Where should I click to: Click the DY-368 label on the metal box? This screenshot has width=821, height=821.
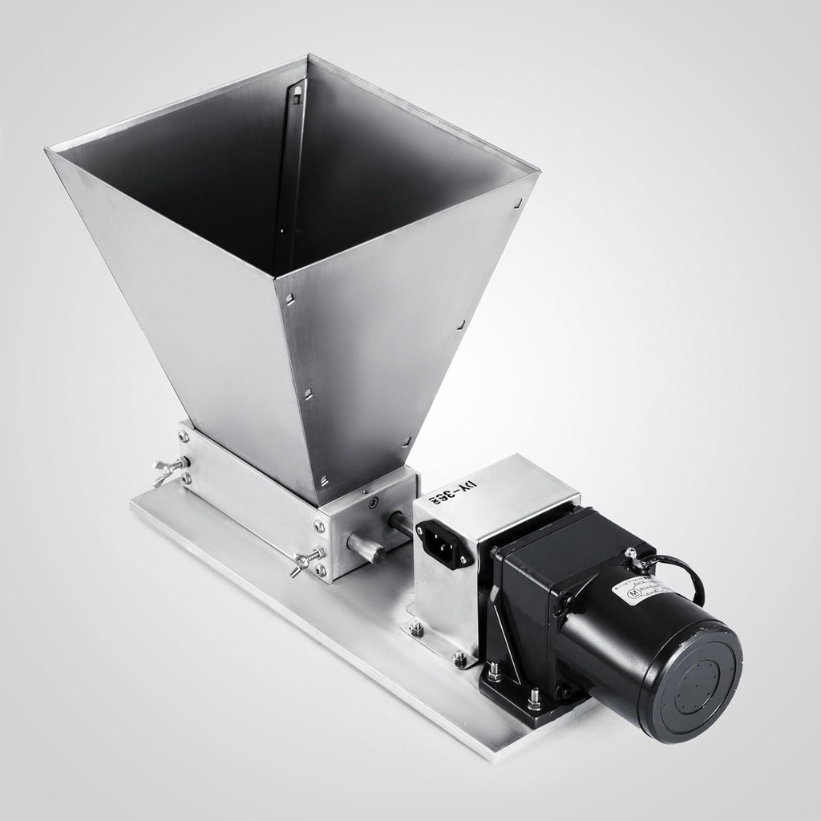[x=454, y=491]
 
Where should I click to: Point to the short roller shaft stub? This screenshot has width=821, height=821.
[x=366, y=547]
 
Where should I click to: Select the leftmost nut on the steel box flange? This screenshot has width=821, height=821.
[x=416, y=629]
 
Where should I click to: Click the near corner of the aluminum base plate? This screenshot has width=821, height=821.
[x=497, y=757]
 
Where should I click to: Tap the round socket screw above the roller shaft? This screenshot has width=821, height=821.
[x=373, y=503]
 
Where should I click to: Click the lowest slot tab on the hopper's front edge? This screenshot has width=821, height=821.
[x=325, y=480]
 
